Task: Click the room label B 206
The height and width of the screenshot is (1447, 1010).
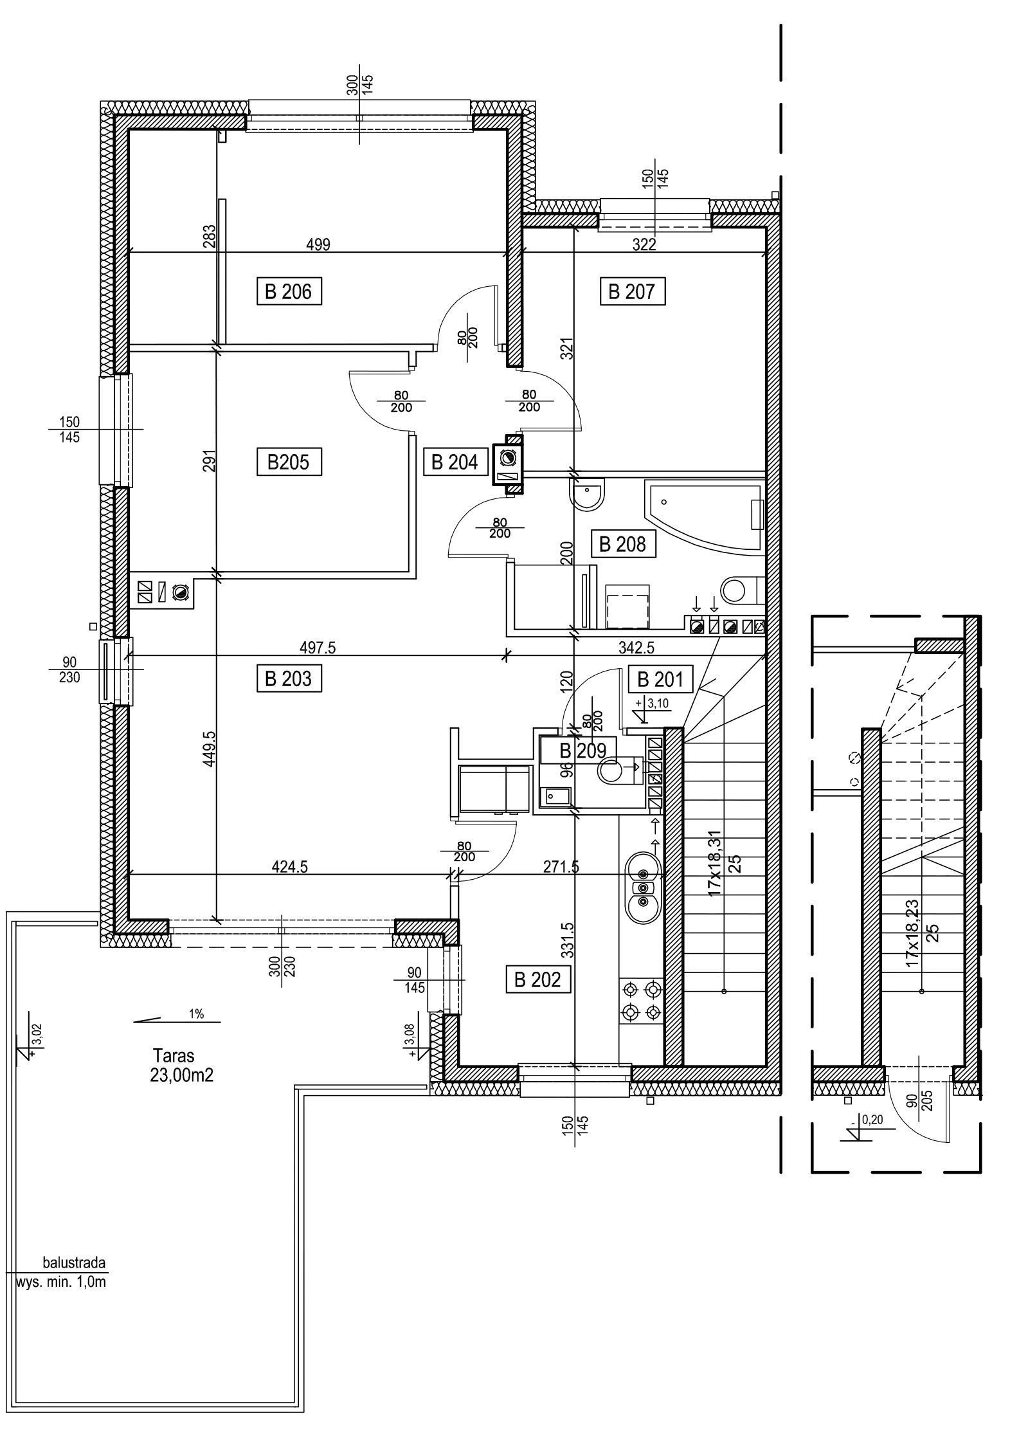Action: click(x=289, y=293)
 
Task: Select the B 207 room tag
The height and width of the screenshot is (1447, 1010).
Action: click(x=631, y=293)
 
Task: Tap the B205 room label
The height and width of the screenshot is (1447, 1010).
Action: click(x=289, y=462)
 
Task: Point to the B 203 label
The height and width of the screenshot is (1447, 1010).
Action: click(x=289, y=678)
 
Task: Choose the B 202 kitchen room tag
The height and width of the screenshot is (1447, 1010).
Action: click(x=538, y=979)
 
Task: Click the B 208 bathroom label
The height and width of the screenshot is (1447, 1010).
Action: click(x=622, y=545)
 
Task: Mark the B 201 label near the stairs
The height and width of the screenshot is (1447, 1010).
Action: click(x=661, y=679)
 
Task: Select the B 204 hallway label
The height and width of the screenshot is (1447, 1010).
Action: click(x=455, y=462)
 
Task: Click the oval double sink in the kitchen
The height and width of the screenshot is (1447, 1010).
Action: click(x=642, y=888)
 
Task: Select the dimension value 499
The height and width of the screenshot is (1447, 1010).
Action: click(x=319, y=244)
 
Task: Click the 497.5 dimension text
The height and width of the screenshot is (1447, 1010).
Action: click(x=318, y=648)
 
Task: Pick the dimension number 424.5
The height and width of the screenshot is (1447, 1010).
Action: click(x=291, y=866)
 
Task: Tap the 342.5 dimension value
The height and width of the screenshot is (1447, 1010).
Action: click(x=636, y=648)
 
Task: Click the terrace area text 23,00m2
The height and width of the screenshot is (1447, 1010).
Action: click(x=183, y=1075)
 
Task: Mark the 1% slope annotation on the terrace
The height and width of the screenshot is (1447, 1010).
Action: click(x=197, y=1014)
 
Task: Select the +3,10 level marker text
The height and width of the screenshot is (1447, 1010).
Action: click(x=657, y=704)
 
